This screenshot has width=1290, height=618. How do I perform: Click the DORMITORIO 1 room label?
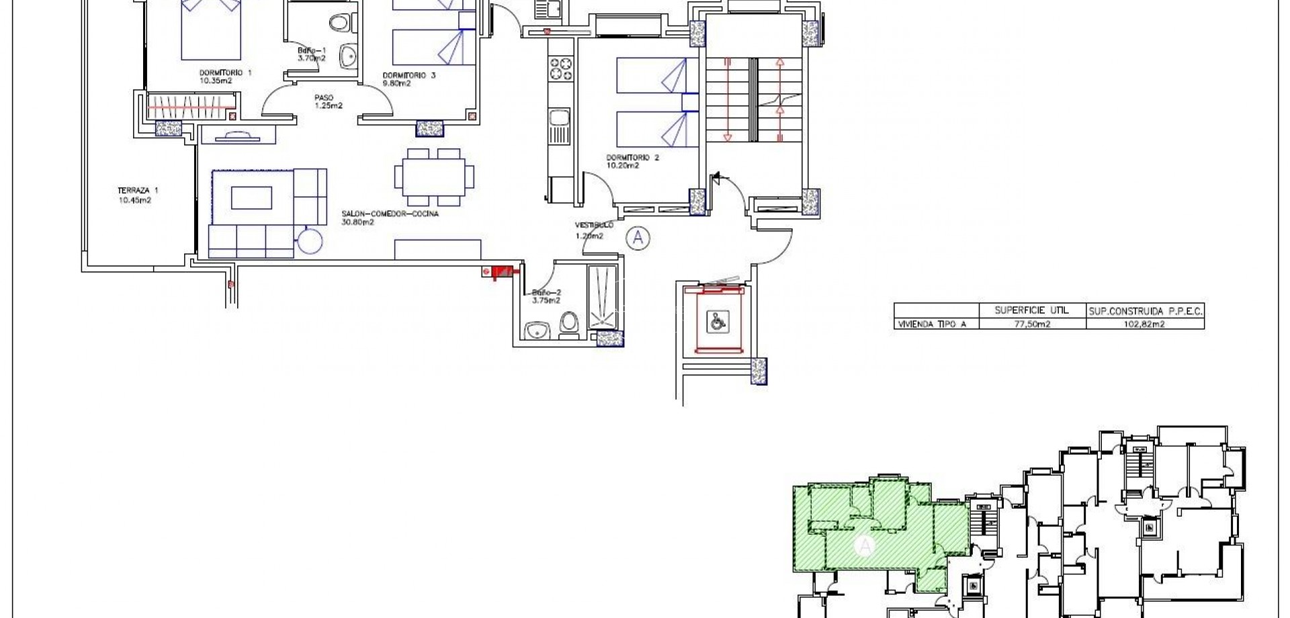point(225,73)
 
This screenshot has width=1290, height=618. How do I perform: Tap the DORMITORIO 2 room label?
point(632,158)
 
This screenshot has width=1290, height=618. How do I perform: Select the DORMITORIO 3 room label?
point(408,75)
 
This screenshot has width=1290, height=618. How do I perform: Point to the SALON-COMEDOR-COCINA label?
point(390,214)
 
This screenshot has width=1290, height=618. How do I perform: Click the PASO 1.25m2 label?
point(325,97)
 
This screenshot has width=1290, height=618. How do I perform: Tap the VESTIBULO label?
point(593,225)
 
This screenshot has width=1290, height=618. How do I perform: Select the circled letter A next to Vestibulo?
point(638,237)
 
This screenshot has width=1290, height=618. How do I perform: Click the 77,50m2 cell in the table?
point(1032,324)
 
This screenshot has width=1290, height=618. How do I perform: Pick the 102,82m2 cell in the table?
point(1144,324)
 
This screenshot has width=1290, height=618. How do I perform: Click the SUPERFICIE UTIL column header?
point(1032,310)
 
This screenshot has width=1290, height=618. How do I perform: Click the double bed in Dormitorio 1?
point(210,30)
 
